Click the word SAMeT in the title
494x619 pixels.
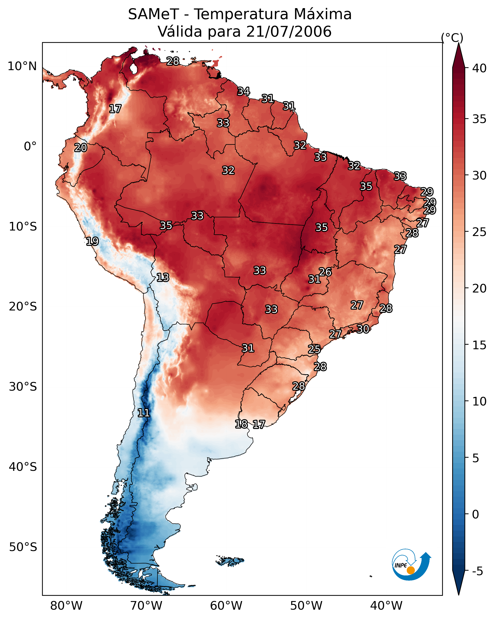click(x=153, y=14)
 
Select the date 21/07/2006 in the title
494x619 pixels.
click(x=289, y=32)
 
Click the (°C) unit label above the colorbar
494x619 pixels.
click(x=452, y=38)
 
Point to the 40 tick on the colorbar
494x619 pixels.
click(x=479, y=68)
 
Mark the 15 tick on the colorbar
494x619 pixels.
click(x=479, y=345)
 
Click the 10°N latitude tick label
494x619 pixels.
click(x=22, y=66)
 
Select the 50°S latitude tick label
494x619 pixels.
click(x=23, y=547)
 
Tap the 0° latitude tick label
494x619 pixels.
click(x=30, y=146)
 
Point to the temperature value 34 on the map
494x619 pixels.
click(x=244, y=91)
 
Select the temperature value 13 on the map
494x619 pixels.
click(x=163, y=277)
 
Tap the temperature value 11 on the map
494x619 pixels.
click(x=144, y=413)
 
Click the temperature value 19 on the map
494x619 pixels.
click(x=92, y=241)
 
